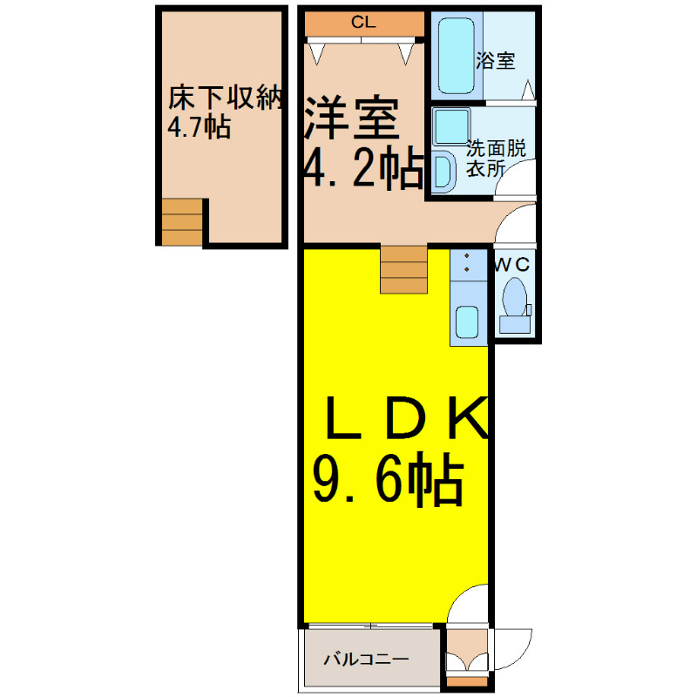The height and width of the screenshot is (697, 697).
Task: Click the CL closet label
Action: pyautogui.click(x=363, y=22)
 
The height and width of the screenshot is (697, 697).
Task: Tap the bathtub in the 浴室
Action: pyautogui.click(x=456, y=56)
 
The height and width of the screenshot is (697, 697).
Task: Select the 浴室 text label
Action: pyautogui.click(x=496, y=61)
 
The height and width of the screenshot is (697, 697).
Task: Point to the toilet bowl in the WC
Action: pyautogui.click(x=514, y=297)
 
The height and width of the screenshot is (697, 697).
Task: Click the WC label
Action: pyautogui.click(x=512, y=265)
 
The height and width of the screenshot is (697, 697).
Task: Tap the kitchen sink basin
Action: pyautogui.click(x=467, y=322)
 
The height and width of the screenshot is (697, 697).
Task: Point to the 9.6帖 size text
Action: pyautogui.click(x=389, y=480)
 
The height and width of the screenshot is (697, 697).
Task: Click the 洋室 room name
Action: pyautogui.click(x=351, y=117)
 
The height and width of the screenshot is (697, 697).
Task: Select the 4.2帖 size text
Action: pyautogui.click(x=363, y=167)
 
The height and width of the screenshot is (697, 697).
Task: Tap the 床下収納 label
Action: pyautogui.click(x=226, y=98)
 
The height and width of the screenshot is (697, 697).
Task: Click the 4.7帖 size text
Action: pyautogui.click(x=199, y=127)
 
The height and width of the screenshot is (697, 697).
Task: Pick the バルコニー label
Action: pyautogui.click(x=366, y=659)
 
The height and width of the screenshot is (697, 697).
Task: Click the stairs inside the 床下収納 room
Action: pyautogui.click(x=182, y=222)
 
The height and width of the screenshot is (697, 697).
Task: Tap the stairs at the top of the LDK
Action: pyautogui.click(x=403, y=269)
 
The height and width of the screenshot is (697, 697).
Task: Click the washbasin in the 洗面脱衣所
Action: pyautogui.click(x=443, y=172)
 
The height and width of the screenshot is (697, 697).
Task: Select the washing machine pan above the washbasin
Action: pyautogui.click(x=451, y=126)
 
